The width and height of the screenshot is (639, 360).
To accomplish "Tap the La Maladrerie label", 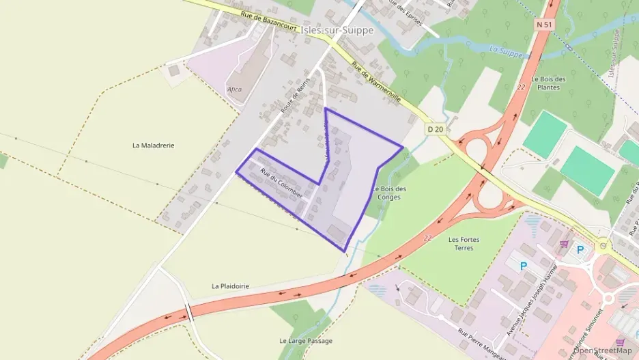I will point(154,146).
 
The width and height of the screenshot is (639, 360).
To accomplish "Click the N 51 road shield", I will point(543,24).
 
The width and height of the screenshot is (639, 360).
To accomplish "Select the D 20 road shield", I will point(436,128).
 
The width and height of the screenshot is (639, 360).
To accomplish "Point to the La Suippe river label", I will point(505,51).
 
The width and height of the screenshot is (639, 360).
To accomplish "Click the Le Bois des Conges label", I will point(390,193).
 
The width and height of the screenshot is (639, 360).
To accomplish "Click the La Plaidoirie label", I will point(230,286).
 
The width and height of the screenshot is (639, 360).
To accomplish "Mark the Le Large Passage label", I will point(306,340).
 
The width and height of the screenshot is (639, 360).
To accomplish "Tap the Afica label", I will point(234,89).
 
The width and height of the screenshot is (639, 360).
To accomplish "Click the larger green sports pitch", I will point(587,170).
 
